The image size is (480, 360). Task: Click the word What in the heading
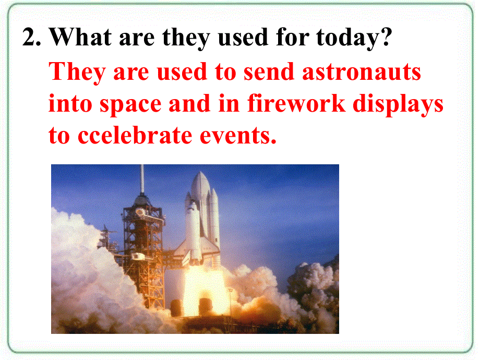tap(80, 37)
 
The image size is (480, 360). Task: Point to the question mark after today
tap(387, 37)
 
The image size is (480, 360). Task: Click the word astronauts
tap(361, 73)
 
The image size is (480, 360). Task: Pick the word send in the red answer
tap(269, 71)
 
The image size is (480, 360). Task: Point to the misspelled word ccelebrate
tap(135, 135)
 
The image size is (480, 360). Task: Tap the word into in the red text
tap(70, 103)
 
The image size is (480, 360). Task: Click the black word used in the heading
tap(243, 37)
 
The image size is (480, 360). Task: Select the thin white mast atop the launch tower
tap(142, 179)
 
